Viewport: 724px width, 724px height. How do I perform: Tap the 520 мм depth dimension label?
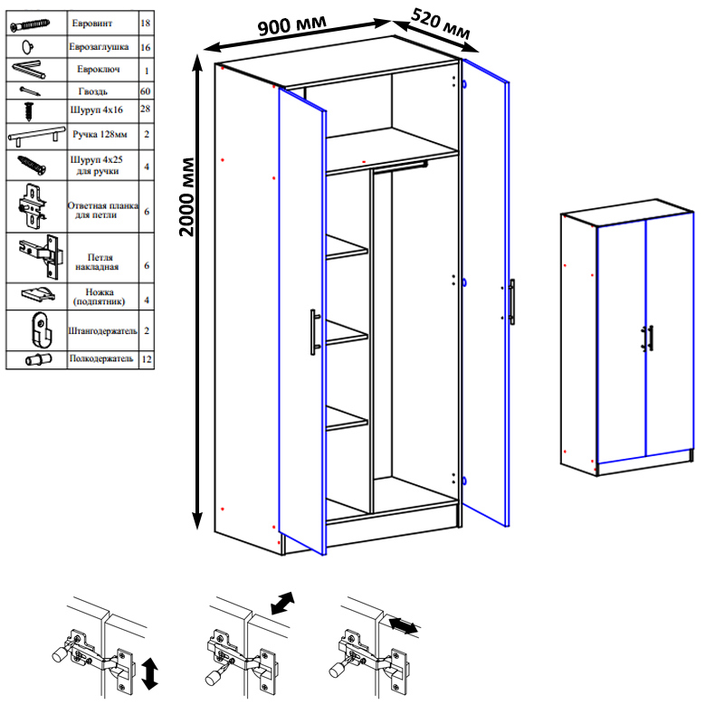pos(441,24)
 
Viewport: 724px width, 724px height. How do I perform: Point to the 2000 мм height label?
pos(186,197)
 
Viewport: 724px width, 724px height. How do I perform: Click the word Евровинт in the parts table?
pos(92,24)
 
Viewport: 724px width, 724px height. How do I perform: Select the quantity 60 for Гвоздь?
pos(146,91)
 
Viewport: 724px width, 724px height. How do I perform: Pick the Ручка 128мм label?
pos(100,134)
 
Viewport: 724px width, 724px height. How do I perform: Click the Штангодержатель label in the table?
pos(102,330)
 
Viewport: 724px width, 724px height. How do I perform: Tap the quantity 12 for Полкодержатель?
pos(147,358)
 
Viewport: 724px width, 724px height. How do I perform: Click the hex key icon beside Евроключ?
pos(29,70)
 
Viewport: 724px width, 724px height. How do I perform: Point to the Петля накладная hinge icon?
pos(41,256)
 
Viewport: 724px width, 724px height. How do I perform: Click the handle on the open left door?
pos(315,332)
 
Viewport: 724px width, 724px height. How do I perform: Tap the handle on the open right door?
pos(511,302)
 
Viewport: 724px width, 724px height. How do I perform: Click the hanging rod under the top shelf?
pos(400,166)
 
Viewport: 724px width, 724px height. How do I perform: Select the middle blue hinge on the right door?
pos(464,282)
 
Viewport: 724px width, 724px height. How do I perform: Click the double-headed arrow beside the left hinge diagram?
pos(149,673)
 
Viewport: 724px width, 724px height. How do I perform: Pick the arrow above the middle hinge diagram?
pos(282,603)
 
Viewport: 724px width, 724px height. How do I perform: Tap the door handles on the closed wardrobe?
pos(647,338)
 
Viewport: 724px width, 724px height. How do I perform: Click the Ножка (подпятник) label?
pos(100,297)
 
